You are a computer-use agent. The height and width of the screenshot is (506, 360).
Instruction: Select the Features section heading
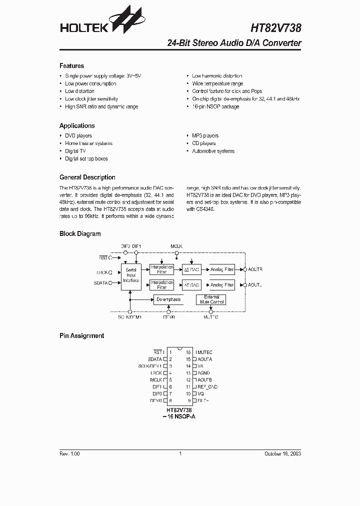point(71,66)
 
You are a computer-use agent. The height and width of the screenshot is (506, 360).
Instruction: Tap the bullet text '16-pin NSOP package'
point(215,106)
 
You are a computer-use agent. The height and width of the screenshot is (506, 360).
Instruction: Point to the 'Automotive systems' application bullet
point(213,151)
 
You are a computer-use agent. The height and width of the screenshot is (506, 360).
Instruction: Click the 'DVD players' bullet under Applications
point(78,135)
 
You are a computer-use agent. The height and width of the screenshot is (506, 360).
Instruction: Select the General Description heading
point(87,177)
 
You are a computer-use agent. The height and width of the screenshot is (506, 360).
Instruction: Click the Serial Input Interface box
point(131,275)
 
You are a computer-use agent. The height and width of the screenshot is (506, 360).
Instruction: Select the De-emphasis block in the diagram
point(168,299)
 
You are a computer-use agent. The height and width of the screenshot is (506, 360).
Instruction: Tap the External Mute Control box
point(211,299)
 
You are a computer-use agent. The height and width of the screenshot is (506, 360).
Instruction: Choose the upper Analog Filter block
point(222,269)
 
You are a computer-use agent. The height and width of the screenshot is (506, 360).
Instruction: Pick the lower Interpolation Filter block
point(161,285)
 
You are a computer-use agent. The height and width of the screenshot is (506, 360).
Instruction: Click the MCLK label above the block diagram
point(176,246)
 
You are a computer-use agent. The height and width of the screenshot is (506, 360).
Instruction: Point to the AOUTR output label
point(255,269)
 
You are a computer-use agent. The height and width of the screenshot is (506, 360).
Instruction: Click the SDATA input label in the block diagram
point(101,282)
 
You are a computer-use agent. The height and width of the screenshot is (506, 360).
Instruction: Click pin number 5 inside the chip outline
point(170,380)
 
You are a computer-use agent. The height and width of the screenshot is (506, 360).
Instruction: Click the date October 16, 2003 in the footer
point(282,453)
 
